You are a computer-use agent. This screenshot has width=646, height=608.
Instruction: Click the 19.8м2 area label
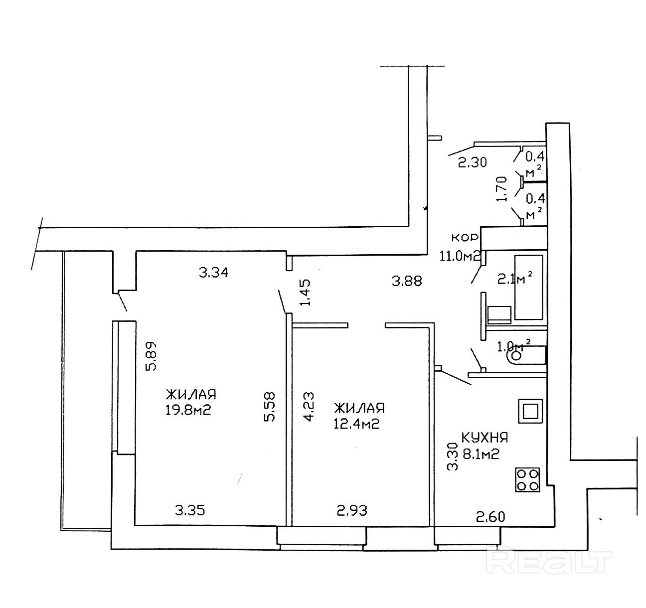(191, 411)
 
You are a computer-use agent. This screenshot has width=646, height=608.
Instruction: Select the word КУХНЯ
(484, 438)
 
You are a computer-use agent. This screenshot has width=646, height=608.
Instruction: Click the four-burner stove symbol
(527, 479)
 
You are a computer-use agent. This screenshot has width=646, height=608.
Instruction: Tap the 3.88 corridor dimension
(407, 281)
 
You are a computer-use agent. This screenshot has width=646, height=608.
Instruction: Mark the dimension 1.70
(502, 189)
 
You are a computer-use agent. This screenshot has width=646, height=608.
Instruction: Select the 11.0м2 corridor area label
(459, 257)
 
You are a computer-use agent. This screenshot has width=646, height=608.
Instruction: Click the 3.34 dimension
(213, 273)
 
